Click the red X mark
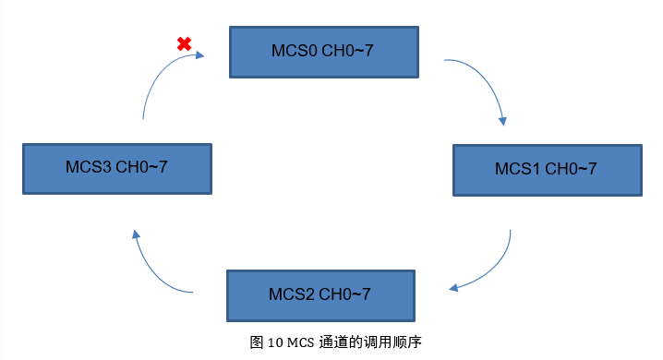pyautogui.click(x=184, y=43)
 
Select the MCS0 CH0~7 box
pyautogui.click(x=322, y=51)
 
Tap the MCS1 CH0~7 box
pyautogui.click(x=546, y=169)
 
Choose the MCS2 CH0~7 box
pyautogui.click(x=319, y=294)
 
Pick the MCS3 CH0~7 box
pyautogui.click(x=116, y=168)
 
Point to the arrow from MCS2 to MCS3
pyautogui.click(x=151, y=269)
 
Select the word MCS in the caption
pyautogui.click(x=301, y=342)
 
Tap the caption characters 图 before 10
pyautogui.click(x=258, y=342)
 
